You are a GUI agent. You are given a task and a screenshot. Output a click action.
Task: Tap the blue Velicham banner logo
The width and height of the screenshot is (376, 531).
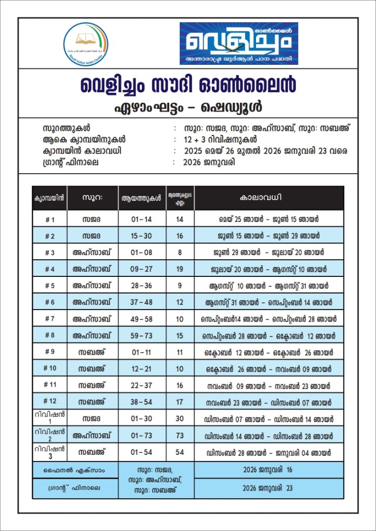pos(239,44)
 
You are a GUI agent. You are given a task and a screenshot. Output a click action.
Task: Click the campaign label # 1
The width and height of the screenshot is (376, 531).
pos(49,219)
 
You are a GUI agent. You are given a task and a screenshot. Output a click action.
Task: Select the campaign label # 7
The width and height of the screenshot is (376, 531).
pos(49,319)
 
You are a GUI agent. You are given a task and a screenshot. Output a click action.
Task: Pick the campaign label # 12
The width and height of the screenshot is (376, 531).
pos(49,401)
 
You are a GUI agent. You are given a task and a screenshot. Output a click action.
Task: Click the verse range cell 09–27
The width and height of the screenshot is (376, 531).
pos(142,269)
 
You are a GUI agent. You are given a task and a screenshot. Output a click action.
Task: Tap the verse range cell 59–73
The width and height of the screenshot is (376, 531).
pos(142,336)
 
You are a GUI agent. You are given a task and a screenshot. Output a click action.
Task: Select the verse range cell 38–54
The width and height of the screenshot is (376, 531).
pos(142,402)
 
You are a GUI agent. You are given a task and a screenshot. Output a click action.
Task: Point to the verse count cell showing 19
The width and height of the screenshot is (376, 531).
pos(180,269)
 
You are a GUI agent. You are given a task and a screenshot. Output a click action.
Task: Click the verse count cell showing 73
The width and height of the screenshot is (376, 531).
pos(180,435)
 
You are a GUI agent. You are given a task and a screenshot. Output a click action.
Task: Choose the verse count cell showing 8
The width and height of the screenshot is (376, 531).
pos(180,253)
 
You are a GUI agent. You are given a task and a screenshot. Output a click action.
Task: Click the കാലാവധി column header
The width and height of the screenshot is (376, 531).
pos(268,198)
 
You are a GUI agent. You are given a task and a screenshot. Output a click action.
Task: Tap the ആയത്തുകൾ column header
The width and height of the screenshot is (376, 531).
pos(142,198)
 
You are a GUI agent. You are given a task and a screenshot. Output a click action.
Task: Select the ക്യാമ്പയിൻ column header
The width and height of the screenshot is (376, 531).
pos(49,198)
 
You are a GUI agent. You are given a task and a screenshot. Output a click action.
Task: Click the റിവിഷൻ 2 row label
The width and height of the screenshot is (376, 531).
pos(49,435)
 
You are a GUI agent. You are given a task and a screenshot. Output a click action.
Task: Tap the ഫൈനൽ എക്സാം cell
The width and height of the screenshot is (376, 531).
pos(75,470)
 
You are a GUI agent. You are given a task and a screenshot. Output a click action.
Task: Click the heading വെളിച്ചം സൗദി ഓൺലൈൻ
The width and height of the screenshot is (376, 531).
pos(187,85)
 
